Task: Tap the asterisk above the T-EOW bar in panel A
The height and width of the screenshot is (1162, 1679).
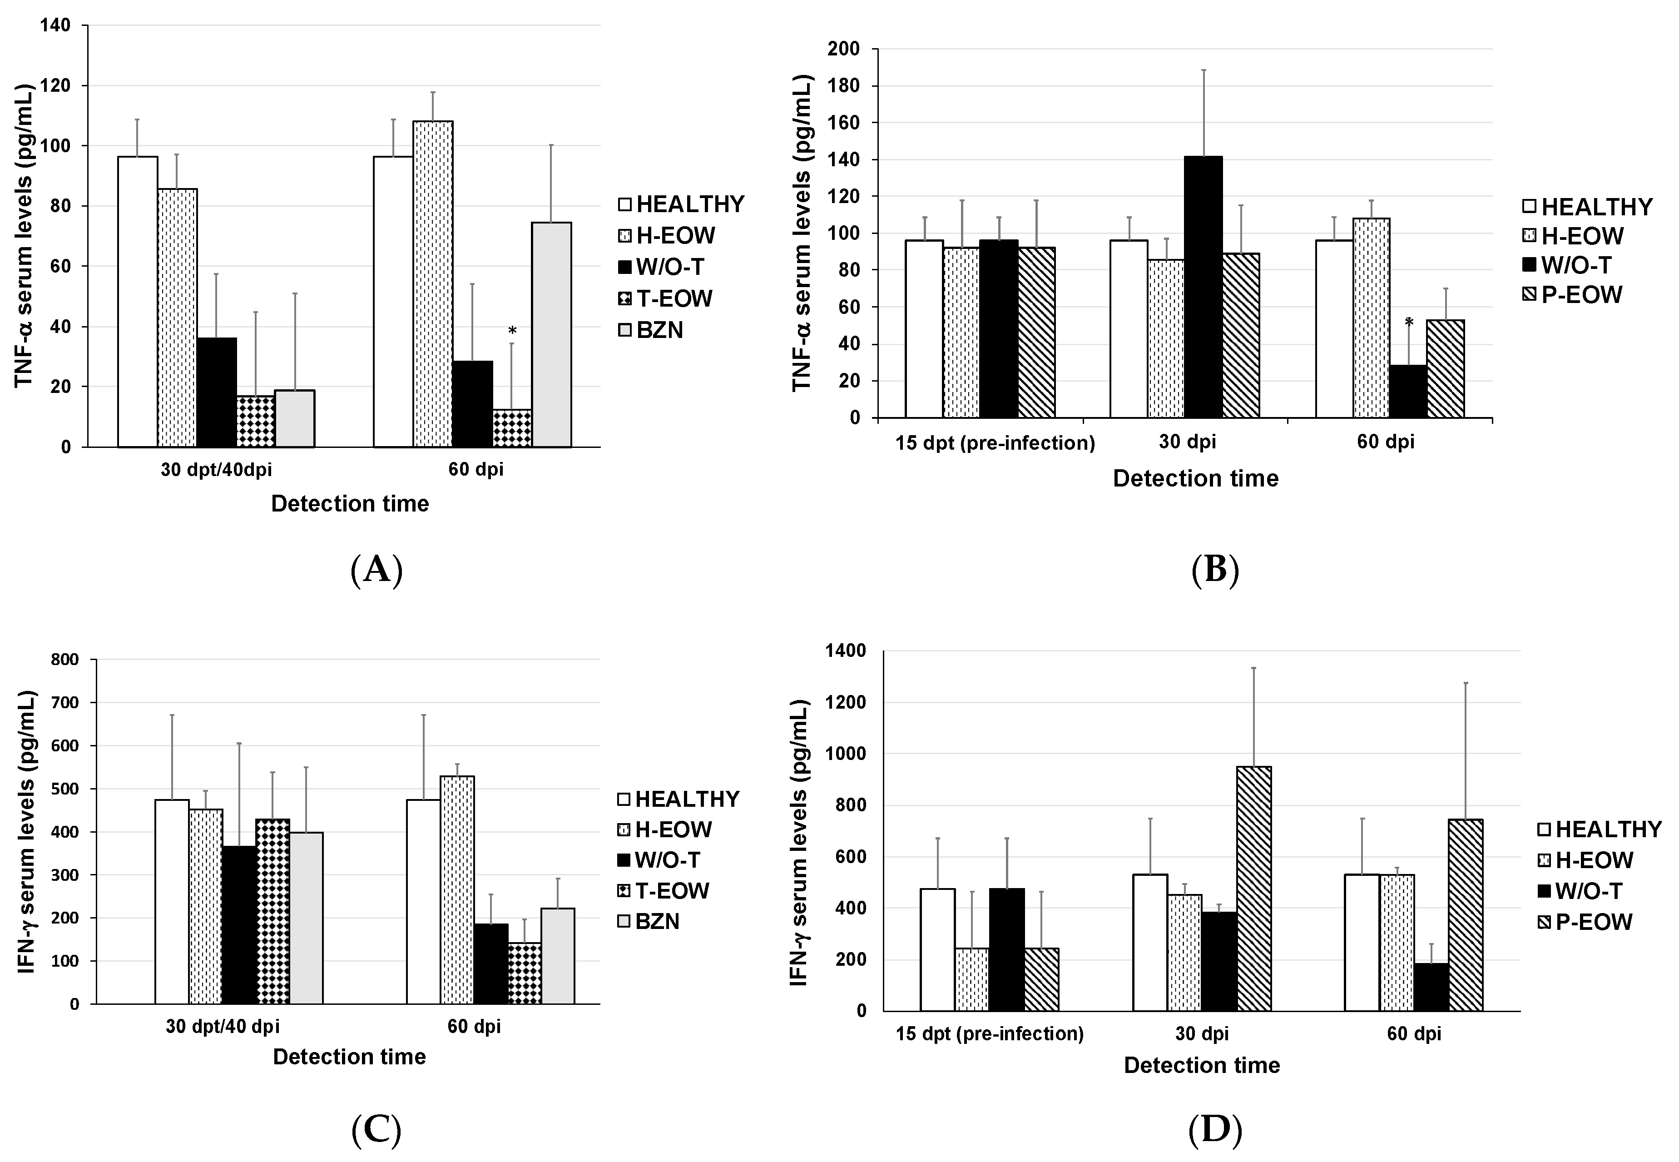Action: pos(512,331)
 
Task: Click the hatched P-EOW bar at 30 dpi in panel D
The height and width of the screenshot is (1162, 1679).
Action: pos(1253,888)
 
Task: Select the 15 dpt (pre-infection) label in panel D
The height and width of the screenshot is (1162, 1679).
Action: pos(989,1034)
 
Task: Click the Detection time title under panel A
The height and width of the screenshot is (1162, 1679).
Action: pos(350,504)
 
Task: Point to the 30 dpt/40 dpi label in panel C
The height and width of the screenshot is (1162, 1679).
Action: pos(222,1027)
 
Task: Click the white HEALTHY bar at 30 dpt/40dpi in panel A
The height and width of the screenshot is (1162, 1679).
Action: pos(138,302)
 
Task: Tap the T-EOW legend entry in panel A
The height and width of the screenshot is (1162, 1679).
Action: pos(664,298)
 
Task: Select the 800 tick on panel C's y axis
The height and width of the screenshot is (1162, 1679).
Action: pos(65,660)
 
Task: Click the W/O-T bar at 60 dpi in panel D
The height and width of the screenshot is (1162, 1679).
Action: pos(1431,987)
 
